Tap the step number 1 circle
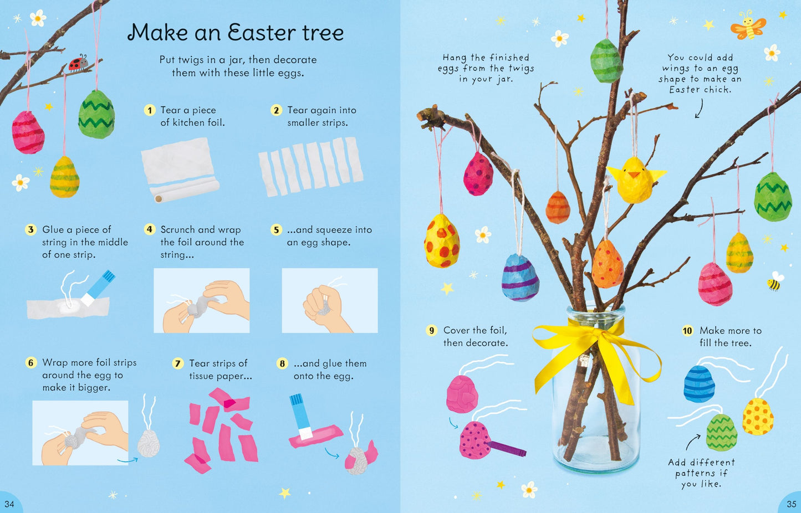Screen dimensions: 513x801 pos(149,110)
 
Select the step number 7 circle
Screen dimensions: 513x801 pos(177,363)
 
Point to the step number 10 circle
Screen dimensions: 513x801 pos(687,331)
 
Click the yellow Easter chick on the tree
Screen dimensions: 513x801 pos(635,179)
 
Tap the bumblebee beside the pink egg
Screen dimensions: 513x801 pos(774,282)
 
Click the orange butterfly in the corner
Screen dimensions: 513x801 pos(748,25)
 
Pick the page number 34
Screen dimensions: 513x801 pos(9,504)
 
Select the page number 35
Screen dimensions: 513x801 pos(791,504)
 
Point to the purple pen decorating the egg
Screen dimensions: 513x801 pos(506,448)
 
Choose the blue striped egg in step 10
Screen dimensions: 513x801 pos(699,383)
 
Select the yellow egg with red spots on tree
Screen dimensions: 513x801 pos(442,241)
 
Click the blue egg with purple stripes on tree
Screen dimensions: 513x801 pos(520,277)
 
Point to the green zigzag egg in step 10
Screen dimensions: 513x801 pos(722,433)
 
